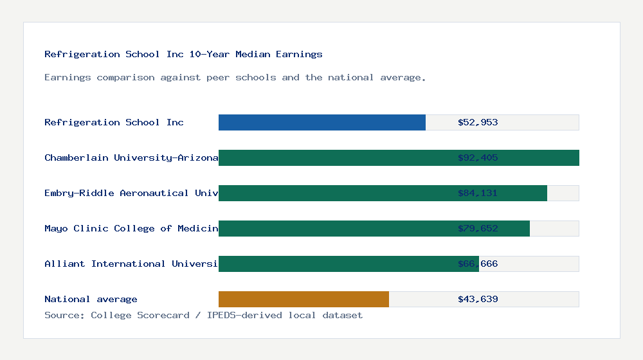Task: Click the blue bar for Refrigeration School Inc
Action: (x=321, y=122)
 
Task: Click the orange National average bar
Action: (x=303, y=299)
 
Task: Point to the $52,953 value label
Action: (x=478, y=122)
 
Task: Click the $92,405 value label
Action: (x=478, y=157)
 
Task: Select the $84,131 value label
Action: (x=478, y=193)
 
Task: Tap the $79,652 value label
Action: (x=478, y=228)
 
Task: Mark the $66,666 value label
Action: (x=478, y=264)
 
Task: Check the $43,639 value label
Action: (x=478, y=299)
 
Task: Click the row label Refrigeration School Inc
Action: (x=114, y=122)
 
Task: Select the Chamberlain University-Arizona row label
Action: (x=131, y=157)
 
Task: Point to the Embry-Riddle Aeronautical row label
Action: (x=131, y=193)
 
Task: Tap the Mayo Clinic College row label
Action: (x=131, y=228)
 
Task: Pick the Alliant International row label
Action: (x=131, y=264)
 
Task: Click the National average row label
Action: (x=91, y=299)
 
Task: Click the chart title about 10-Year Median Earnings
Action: (x=183, y=54)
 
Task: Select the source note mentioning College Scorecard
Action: (x=203, y=315)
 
